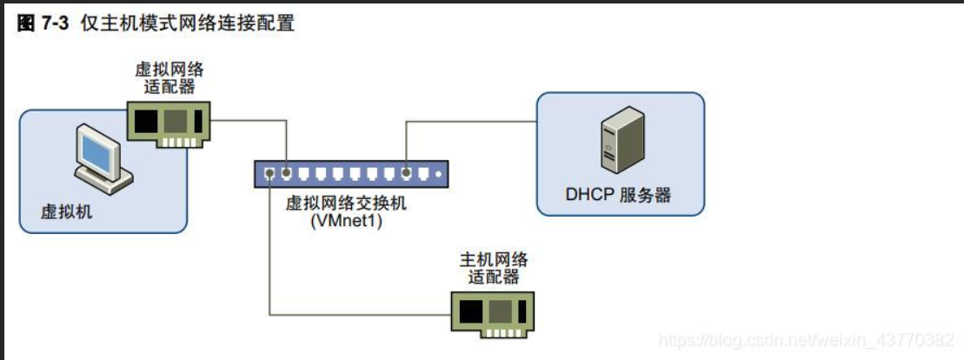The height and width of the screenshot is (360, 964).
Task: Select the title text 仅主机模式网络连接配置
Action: [x=188, y=23]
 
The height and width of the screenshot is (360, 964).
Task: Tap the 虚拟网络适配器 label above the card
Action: [x=170, y=78]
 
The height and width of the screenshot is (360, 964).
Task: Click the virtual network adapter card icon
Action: [x=170, y=121]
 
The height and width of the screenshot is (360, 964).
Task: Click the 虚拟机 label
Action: [x=66, y=211]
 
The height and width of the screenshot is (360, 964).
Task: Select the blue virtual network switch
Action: [x=353, y=173]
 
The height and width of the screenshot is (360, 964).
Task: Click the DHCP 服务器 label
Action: [x=619, y=195]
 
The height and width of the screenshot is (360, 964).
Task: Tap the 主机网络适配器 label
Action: [x=494, y=268]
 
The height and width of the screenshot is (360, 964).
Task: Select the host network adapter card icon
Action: [x=494, y=310]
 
